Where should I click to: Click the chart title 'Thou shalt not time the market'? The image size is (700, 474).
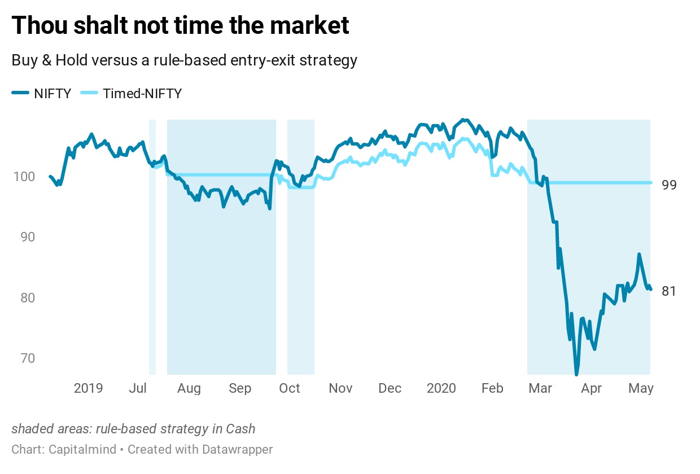click(180, 26)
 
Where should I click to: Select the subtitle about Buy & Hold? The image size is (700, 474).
click(184, 60)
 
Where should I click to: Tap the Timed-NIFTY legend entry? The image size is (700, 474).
click(132, 94)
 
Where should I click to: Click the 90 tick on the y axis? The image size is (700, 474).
click(27, 237)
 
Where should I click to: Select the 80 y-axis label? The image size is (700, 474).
click(27, 297)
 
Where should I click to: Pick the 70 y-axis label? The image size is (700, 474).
click(27, 358)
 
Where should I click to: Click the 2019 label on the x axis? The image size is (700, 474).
click(88, 388)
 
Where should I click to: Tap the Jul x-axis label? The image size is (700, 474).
click(138, 388)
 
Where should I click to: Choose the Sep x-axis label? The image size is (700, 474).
click(240, 388)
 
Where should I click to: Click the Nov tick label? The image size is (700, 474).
click(340, 388)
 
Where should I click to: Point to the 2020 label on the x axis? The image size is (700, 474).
click(441, 388)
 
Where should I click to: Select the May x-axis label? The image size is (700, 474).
click(641, 388)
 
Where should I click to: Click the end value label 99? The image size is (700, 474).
click(669, 185)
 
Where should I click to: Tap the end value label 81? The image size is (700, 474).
click(668, 291)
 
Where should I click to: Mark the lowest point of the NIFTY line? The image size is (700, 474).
click(576, 374)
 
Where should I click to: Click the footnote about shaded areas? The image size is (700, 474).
click(133, 429)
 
